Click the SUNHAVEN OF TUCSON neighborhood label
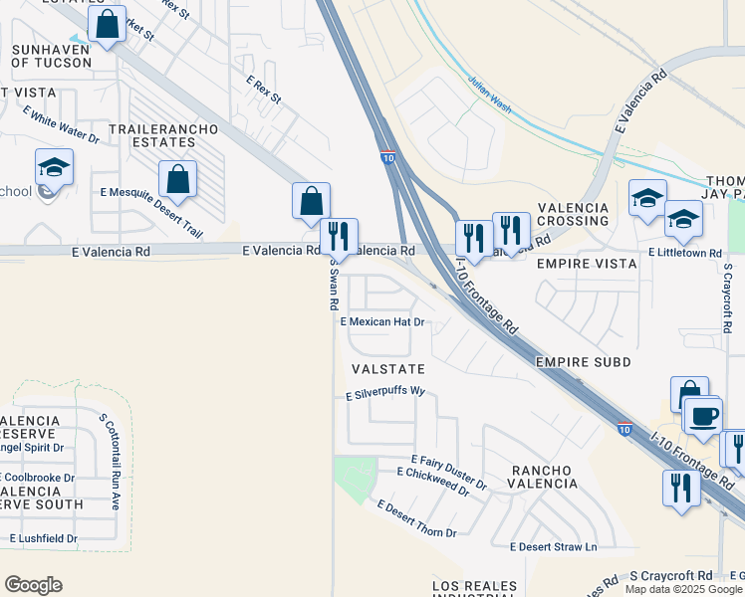tap(51, 54)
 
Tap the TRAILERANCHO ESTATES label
tap(151, 136)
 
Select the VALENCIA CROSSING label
tap(573, 214)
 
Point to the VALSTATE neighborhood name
tap(388, 369)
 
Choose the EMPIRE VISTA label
tap(586, 264)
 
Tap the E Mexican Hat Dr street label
tap(382, 322)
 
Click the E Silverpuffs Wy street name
tap(384, 394)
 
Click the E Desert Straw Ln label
tap(553, 547)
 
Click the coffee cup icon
tap(704, 415)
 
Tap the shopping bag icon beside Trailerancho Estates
tap(177, 180)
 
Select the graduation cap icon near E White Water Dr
tap(54, 167)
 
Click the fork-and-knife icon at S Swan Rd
tap(340, 236)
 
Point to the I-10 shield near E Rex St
tap(387, 157)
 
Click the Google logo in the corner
tap(33, 585)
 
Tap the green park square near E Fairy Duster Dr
tap(355, 479)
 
